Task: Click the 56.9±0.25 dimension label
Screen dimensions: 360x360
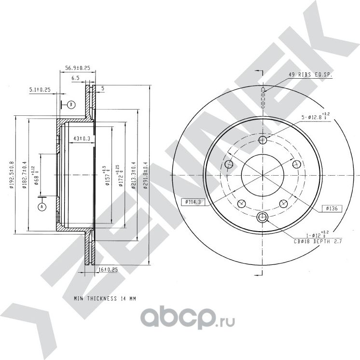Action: (x=78, y=69)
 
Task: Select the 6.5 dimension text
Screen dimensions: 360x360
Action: (x=75, y=78)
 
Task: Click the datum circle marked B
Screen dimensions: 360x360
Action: (x=71, y=104)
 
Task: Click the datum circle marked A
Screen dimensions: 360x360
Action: (x=42, y=207)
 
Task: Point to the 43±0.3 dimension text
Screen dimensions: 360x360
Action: (x=82, y=139)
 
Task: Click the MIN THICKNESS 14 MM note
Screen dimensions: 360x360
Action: (x=105, y=299)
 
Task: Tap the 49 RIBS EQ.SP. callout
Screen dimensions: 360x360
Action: (x=310, y=75)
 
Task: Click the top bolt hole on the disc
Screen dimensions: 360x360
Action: (x=263, y=140)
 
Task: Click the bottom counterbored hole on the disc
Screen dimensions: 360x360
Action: (x=263, y=217)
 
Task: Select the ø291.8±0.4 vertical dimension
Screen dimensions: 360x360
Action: (x=144, y=176)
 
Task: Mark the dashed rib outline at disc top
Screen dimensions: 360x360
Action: (x=263, y=99)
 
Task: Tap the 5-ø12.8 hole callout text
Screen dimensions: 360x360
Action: (x=314, y=116)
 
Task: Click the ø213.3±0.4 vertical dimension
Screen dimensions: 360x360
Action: (x=133, y=176)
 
